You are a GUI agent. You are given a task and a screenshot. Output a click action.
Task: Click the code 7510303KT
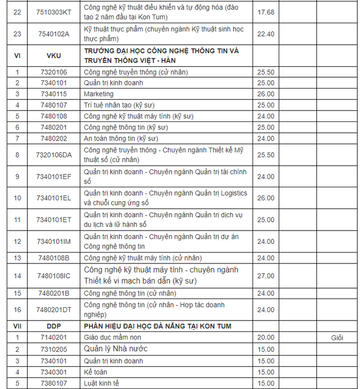point(54,12)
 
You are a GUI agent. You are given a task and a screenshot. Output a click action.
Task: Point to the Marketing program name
point(99,94)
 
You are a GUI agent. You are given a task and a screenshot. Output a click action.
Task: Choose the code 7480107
point(54,105)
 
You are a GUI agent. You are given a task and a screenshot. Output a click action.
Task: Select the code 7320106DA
point(54,155)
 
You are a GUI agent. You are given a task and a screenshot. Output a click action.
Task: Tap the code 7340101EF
point(54,176)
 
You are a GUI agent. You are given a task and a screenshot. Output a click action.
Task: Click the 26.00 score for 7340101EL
point(265,198)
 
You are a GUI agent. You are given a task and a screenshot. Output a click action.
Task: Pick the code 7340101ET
point(54,220)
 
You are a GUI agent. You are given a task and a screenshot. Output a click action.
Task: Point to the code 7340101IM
point(54,241)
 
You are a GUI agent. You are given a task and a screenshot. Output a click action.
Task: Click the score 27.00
point(265,276)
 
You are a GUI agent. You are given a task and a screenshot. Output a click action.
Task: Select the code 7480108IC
point(54,276)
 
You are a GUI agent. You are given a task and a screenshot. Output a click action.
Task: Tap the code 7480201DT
point(54,309)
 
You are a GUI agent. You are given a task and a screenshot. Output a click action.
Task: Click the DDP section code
point(54,326)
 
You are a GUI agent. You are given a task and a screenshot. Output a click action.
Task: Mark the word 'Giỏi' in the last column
point(337,338)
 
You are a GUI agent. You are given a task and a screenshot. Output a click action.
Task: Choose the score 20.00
point(265,338)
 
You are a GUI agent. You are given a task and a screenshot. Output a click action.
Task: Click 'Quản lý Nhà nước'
point(116,349)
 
